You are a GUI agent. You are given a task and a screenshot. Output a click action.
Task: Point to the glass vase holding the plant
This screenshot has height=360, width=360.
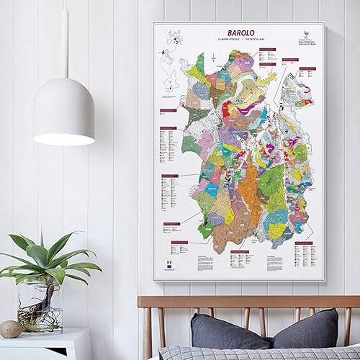click(40, 305)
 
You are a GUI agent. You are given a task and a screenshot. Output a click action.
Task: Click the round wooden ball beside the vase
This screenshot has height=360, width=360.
click(11, 328)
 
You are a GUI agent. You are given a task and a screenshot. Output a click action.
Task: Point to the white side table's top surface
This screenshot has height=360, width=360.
click(43, 337)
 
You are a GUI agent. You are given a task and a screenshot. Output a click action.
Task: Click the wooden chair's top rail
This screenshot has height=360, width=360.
click(248, 302)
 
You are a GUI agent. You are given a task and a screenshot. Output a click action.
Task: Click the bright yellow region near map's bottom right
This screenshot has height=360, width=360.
click(279, 230)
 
